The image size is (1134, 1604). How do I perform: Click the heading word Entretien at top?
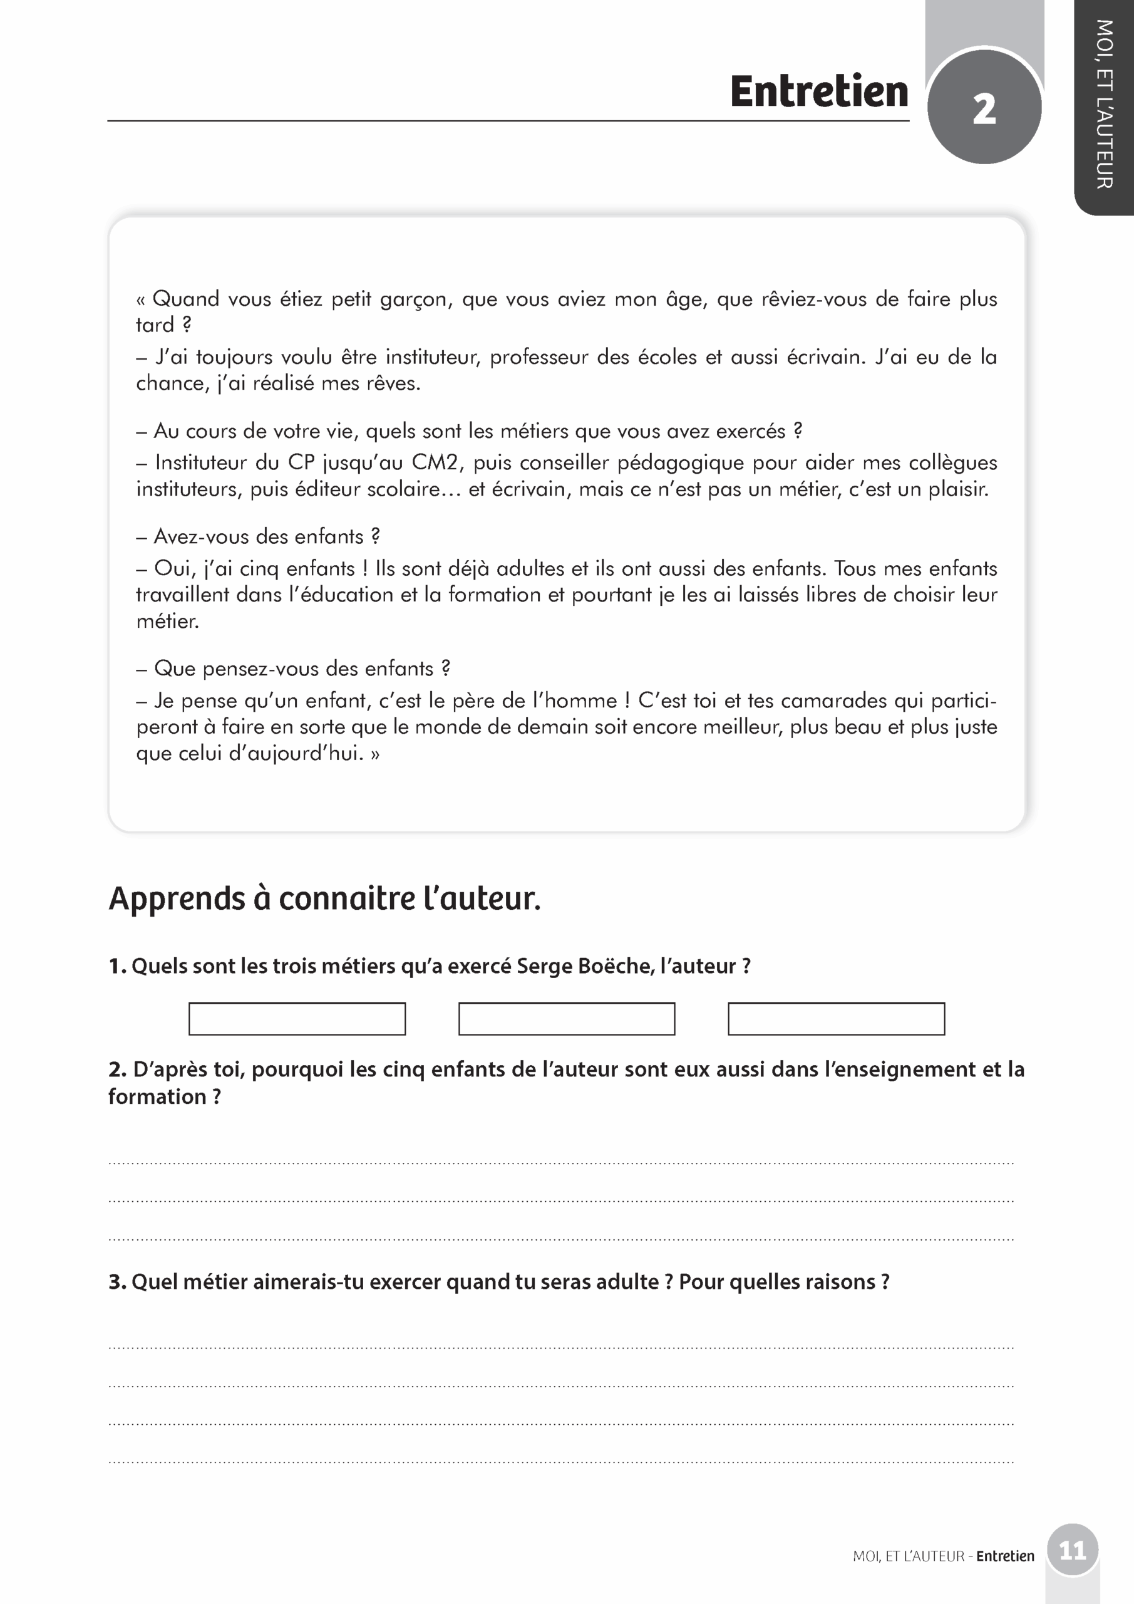818,92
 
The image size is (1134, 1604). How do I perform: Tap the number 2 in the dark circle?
984,109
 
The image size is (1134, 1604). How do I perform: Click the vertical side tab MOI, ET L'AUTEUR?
1104,105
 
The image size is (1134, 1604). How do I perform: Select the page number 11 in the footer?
1072,1551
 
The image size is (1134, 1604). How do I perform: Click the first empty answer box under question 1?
297,1019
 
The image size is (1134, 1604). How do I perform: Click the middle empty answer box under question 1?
566,1019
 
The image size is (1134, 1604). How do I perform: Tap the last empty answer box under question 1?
836,1019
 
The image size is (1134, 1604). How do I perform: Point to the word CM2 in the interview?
434,462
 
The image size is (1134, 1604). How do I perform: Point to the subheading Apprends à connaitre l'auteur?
325,898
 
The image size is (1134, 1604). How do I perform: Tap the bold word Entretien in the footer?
1005,1556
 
